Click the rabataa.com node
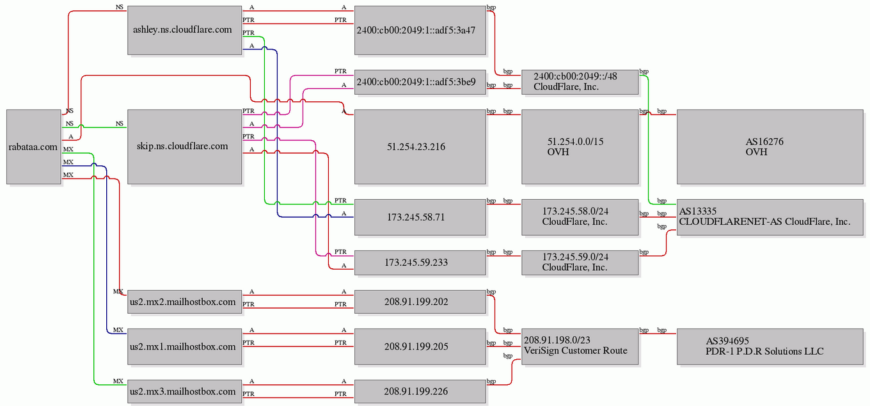point(34,147)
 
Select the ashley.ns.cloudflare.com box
point(184,30)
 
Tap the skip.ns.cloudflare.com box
point(184,147)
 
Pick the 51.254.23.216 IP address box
point(420,147)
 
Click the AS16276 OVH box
point(770,147)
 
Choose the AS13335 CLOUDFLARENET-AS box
point(770,217)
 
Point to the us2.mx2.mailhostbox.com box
point(184,302)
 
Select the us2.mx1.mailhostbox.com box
point(184,346)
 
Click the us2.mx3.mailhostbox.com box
point(184,391)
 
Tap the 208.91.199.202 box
point(420,302)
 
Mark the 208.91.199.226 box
point(420,391)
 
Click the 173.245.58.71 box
point(420,217)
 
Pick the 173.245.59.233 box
point(420,263)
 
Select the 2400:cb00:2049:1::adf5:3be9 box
point(420,82)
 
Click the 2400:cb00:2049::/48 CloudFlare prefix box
point(580,82)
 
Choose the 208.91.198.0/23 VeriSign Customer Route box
point(580,346)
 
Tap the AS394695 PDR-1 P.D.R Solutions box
point(770,346)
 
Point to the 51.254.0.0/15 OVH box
point(580,147)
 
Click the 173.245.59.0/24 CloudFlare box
point(580,263)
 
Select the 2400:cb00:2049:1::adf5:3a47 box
point(420,30)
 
